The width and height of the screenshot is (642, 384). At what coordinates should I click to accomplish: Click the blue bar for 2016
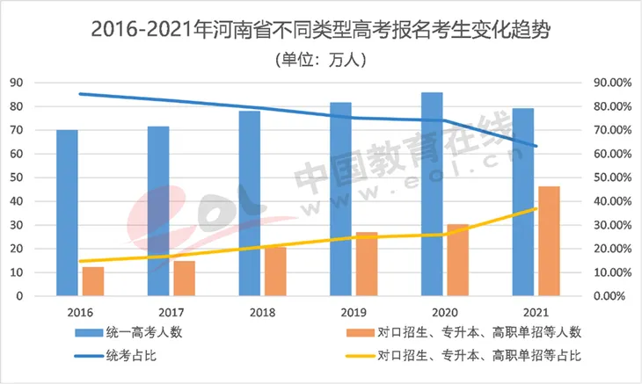67,213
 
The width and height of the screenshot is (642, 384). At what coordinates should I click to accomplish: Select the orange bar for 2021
549,241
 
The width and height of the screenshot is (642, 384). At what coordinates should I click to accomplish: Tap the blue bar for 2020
432,194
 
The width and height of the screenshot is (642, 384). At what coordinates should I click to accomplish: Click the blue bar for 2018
249,203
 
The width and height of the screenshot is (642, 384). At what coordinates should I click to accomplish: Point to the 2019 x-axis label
353,312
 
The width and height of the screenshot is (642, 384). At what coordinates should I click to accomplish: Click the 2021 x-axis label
535,312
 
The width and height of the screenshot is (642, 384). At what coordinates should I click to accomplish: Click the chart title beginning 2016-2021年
320,31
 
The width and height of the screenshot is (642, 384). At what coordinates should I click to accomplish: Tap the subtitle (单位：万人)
320,61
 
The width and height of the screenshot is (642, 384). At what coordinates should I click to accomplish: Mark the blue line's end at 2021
536,146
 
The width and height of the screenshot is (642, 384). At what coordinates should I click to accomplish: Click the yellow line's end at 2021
536,209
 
